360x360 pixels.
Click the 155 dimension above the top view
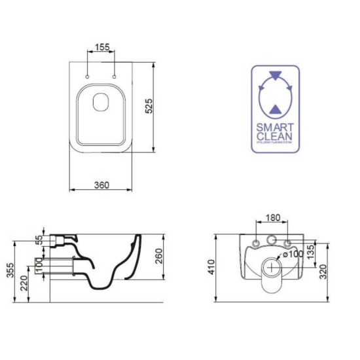tap(101, 48)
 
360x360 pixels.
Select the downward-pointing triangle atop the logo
tap(275, 75)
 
